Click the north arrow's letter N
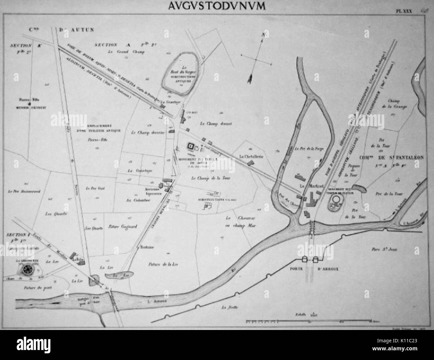[263, 34]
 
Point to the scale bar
[309, 321]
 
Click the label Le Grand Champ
[120, 52]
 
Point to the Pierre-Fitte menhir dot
[29, 103]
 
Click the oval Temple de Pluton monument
[335, 201]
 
